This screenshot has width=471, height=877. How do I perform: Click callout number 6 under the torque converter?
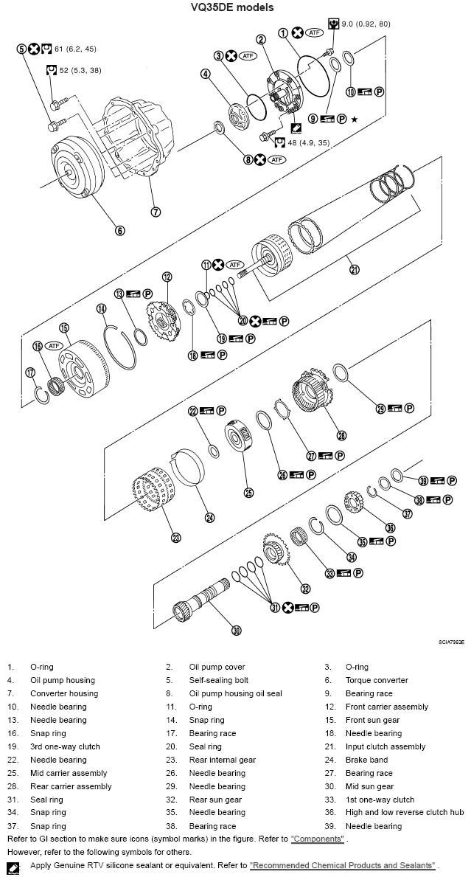point(120,229)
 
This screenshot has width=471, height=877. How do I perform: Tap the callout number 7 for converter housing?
point(156,212)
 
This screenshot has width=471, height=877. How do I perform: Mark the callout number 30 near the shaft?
point(237,630)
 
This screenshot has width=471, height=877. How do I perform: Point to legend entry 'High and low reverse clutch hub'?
point(405,813)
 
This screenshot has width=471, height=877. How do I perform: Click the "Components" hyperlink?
point(318,839)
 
